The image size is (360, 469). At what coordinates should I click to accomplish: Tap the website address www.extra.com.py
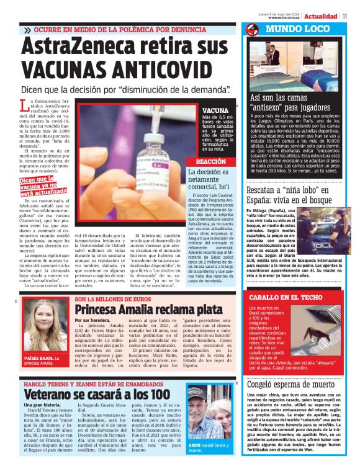pos(286,17)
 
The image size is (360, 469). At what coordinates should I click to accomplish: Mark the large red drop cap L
pos(25,106)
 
